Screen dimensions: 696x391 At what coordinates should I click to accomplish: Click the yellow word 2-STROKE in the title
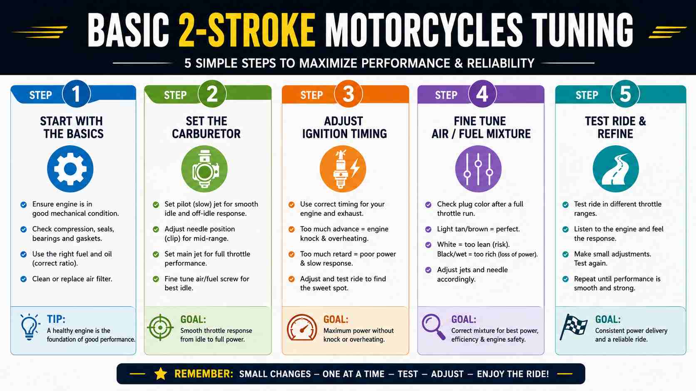pos(247,30)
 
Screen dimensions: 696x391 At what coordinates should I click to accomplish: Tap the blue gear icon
pos(70,169)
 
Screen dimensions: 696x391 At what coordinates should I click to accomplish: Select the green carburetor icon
pos(204,169)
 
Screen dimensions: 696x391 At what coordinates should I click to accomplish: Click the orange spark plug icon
pos(343,169)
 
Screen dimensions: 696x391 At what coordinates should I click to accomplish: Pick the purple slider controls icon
pos(478,169)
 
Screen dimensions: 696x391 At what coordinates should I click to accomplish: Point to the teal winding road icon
pos(616,169)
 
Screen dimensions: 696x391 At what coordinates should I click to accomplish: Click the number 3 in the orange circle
pos(348,94)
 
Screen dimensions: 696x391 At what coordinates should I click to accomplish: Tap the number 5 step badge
pos(625,94)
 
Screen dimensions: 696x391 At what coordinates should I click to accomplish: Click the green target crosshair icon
pos(160,327)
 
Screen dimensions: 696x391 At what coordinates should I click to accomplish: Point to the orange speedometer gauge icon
pos(302,327)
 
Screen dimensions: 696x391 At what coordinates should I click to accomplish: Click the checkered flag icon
pos(574,327)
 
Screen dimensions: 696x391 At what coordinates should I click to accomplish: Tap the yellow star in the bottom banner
pos(161,374)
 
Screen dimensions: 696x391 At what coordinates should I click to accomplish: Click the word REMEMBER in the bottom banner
pos(204,374)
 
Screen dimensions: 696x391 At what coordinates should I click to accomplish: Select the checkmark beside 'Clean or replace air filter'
pos(24,279)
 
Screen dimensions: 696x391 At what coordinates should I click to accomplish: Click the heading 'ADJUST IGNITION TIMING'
pos(344,128)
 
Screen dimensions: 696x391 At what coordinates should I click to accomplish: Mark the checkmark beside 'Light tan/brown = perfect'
pos(428,229)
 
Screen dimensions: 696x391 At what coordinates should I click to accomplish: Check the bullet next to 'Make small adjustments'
pos(565,255)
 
